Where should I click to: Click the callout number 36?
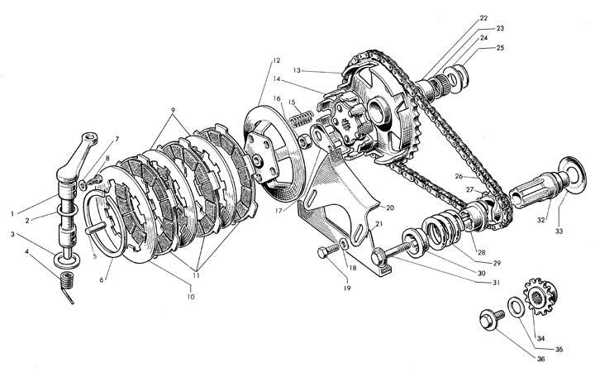(x=540, y=359)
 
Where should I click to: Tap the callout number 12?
(x=276, y=60)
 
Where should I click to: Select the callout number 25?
(x=500, y=48)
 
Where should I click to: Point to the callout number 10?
(x=191, y=297)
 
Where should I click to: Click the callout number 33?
(x=560, y=231)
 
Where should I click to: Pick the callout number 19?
(x=347, y=289)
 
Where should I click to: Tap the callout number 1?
(x=12, y=214)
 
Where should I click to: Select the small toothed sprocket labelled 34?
(x=540, y=296)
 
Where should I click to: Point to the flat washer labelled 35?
(x=516, y=307)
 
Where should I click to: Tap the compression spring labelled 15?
(x=301, y=117)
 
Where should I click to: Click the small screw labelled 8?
(x=94, y=180)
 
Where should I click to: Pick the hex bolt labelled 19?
(x=328, y=250)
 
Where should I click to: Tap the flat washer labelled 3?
(x=67, y=260)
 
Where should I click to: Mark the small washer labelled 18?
(x=344, y=244)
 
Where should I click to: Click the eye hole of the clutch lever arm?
(x=91, y=137)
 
